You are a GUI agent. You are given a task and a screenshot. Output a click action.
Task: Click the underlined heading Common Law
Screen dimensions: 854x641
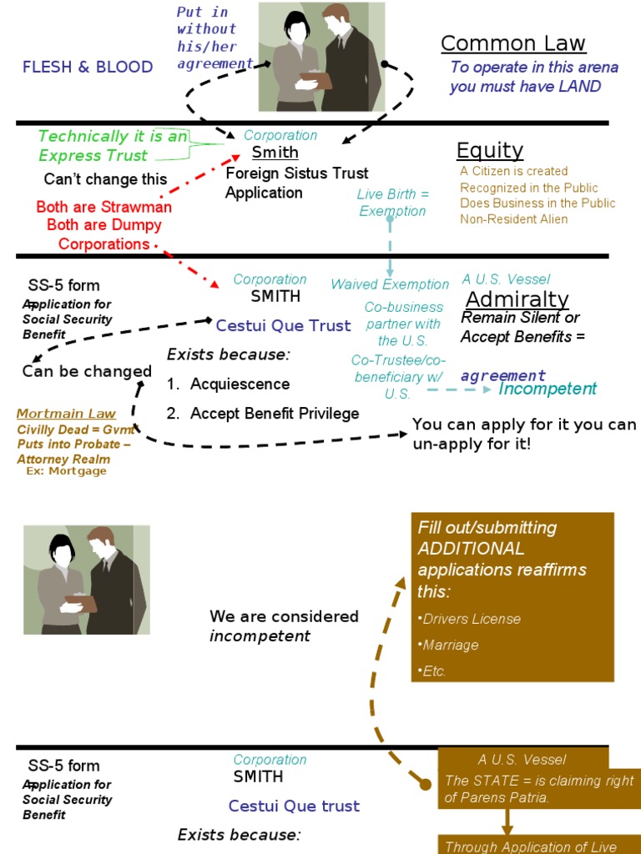[513, 43]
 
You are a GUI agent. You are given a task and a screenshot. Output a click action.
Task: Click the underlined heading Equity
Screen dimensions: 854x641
[490, 150]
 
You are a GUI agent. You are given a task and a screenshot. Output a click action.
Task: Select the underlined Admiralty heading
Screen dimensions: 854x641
[517, 299]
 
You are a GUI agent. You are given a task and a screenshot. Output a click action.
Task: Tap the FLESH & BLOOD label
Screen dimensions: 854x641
[88, 67]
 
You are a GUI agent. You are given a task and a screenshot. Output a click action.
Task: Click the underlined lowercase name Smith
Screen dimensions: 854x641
[275, 153]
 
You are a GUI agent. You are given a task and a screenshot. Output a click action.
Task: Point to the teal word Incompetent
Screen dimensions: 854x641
[548, 389]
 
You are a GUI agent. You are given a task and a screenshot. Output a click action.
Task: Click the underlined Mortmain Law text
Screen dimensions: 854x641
[67, 414]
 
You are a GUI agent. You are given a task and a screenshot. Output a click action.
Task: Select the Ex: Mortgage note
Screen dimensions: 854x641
[67, 471]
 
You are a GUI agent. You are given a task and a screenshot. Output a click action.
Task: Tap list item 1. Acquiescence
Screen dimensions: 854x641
[228, 384]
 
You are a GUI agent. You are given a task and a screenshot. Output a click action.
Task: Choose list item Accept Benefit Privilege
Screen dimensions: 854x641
[274, 414]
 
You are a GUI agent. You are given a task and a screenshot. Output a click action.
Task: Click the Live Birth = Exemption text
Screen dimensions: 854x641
[392, 203]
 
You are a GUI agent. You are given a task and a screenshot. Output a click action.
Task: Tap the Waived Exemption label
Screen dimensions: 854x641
[391, 284]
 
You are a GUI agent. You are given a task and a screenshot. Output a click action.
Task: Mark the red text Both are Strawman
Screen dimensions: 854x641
[104, 207]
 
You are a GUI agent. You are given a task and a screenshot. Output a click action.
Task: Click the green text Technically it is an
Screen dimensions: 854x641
[113, 137]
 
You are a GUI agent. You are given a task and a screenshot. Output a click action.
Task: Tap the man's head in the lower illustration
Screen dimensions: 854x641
[101, 543]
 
